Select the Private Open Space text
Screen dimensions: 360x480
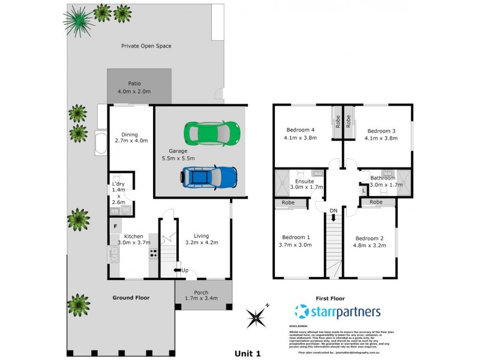pyautogui.click(x=146, y=46)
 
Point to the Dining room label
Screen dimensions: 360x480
pyautogui.click(x=130, y=134)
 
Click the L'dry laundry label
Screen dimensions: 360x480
pyautogui.click(x=118, y=184)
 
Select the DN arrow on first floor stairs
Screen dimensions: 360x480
pyautogui.click(x=334, y=214)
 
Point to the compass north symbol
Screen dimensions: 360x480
pyautogui.click(x=257, y=316)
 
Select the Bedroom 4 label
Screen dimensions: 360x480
pyautogui.click(x=301, y=130)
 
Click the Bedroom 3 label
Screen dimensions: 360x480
pyautogui.click(x=381, y=131)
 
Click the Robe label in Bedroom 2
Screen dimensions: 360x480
pyautogui.click(x=376, y=202)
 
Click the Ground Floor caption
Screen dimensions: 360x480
pyautogui.click(x=131, y=298)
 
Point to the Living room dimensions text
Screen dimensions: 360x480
pyautogui.click(x=201, y=242)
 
